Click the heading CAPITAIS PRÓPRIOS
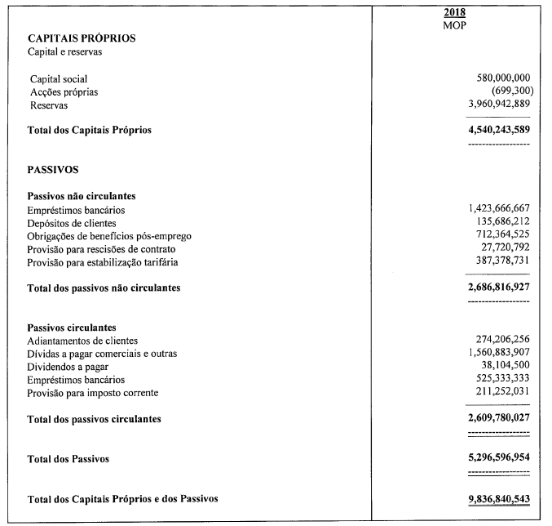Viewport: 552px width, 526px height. (82, 39)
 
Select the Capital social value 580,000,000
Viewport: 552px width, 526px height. (497, 78)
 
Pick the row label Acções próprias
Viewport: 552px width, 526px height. (64, 92)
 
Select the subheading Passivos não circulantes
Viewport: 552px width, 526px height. (81, 197)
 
